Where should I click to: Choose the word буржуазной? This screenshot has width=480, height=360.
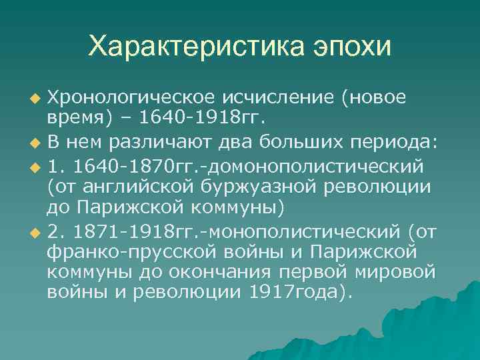[x=267, y=186]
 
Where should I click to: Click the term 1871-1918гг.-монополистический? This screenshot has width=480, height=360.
[x=236, y=231]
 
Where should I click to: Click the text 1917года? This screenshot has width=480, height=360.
[x=294, y=294]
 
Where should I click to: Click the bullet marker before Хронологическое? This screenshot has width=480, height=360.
[x=35, y=99]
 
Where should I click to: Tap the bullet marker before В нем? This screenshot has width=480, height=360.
[x=35, y=143]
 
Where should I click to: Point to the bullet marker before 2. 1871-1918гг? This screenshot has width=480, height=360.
[x=35, y=233]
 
